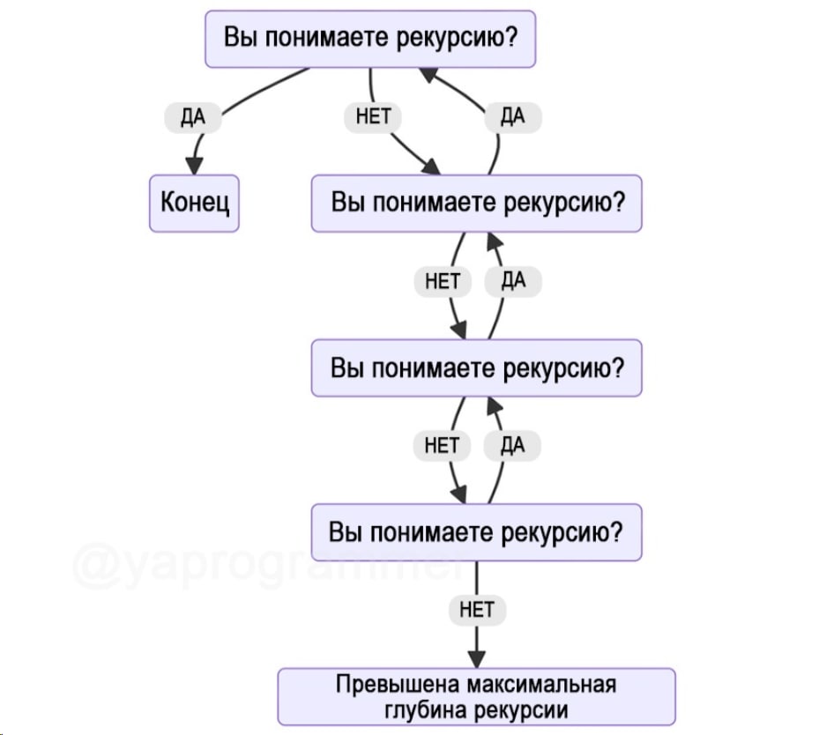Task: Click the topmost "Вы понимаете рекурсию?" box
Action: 370,39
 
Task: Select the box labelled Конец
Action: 194,204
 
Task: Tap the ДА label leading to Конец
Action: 192,117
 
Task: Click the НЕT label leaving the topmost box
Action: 373,117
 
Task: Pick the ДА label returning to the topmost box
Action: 512,117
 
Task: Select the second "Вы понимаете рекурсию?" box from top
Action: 476,204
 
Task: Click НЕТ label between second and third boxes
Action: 443,281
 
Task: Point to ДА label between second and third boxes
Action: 512,281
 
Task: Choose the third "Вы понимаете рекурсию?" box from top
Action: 476,368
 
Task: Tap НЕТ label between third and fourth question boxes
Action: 443,446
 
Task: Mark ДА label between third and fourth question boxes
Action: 512,446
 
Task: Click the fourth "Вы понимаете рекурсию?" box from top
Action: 476,532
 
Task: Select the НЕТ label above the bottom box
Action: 477,609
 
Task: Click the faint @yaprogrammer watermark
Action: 264,565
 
